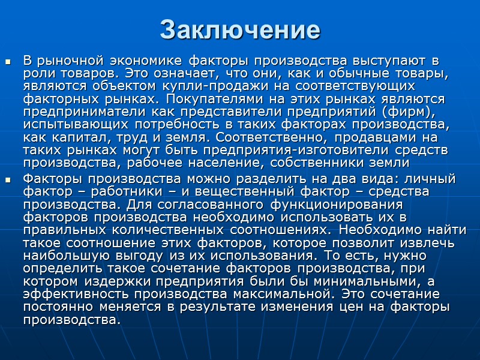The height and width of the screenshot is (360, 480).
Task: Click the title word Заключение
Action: (x=240, y=29)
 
